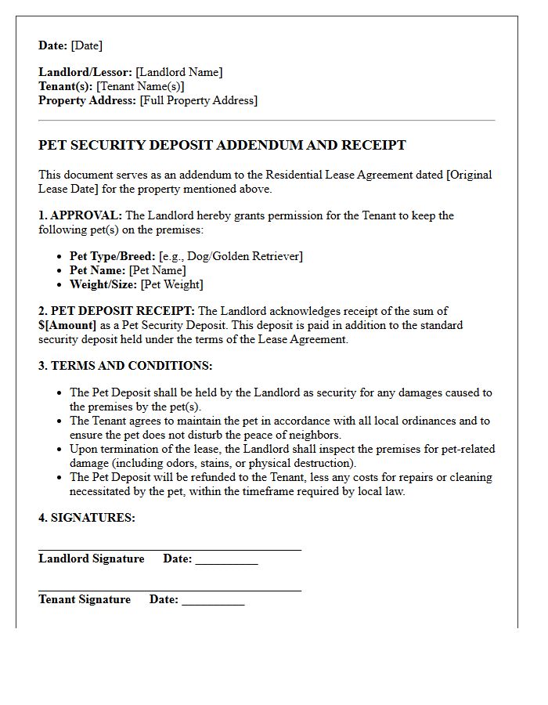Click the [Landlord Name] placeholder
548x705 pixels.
(x=178, y=72)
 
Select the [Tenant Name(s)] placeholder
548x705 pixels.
(x=140, y=86)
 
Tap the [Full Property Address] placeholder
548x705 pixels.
(x=198, y=100)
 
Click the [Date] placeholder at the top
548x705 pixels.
(x=86, y=45)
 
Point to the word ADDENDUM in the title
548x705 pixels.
(x=256, y=145)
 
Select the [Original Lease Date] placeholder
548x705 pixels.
(x=265, y=182)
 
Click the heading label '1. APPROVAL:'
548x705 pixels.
(x=81, y=215)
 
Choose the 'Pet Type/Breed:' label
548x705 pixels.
(x=112, y=256)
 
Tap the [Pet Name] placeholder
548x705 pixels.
(x=157, y=270)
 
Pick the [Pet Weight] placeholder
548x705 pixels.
(x=171, y=284)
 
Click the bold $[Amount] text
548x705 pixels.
(x=67, y=325)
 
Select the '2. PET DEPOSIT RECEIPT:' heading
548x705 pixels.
(x=117, y=311)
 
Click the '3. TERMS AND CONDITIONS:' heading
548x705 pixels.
(x=125, y=366)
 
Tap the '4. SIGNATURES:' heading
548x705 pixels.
(x=87, y=518)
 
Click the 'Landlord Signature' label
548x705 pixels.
(x=92, y=559)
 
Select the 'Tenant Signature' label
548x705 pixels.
(x=85, y=599)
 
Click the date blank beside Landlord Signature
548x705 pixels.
(x=226, y=560)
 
